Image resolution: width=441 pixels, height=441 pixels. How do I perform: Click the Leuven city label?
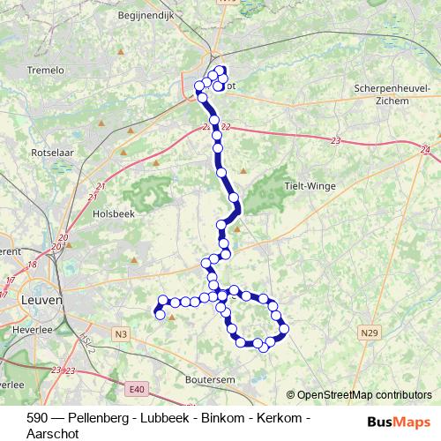[x=41, y=300]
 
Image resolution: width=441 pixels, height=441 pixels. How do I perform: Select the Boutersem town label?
[x=208, y=379]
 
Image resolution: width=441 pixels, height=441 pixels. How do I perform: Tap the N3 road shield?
[x=121, y=333]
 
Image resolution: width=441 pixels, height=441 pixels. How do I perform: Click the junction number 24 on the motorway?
[x=426, y=150]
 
